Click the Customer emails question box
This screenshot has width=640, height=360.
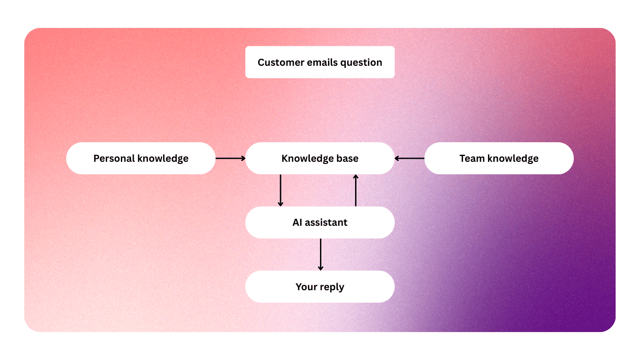coord(320,62)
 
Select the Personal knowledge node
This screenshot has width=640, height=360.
coord(141,158)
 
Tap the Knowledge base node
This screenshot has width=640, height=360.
coord(320,158)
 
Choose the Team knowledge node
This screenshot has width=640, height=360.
coord(499,158)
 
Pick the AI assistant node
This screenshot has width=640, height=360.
coord(320,222)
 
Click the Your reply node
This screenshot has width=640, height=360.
coord(320,287)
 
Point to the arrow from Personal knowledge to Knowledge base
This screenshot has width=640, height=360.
coord(230,158)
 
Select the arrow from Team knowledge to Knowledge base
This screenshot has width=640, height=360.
coord(409,158)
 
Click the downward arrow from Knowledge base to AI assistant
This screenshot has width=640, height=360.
coord(280,190)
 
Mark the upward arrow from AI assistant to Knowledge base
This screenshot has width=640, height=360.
coord(356,190)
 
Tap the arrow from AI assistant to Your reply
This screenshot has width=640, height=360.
coord(320,254)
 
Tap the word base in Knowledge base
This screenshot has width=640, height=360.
coord(347,158)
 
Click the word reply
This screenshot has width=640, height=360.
coord(332,287)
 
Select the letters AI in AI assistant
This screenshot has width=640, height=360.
coord(297,222)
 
